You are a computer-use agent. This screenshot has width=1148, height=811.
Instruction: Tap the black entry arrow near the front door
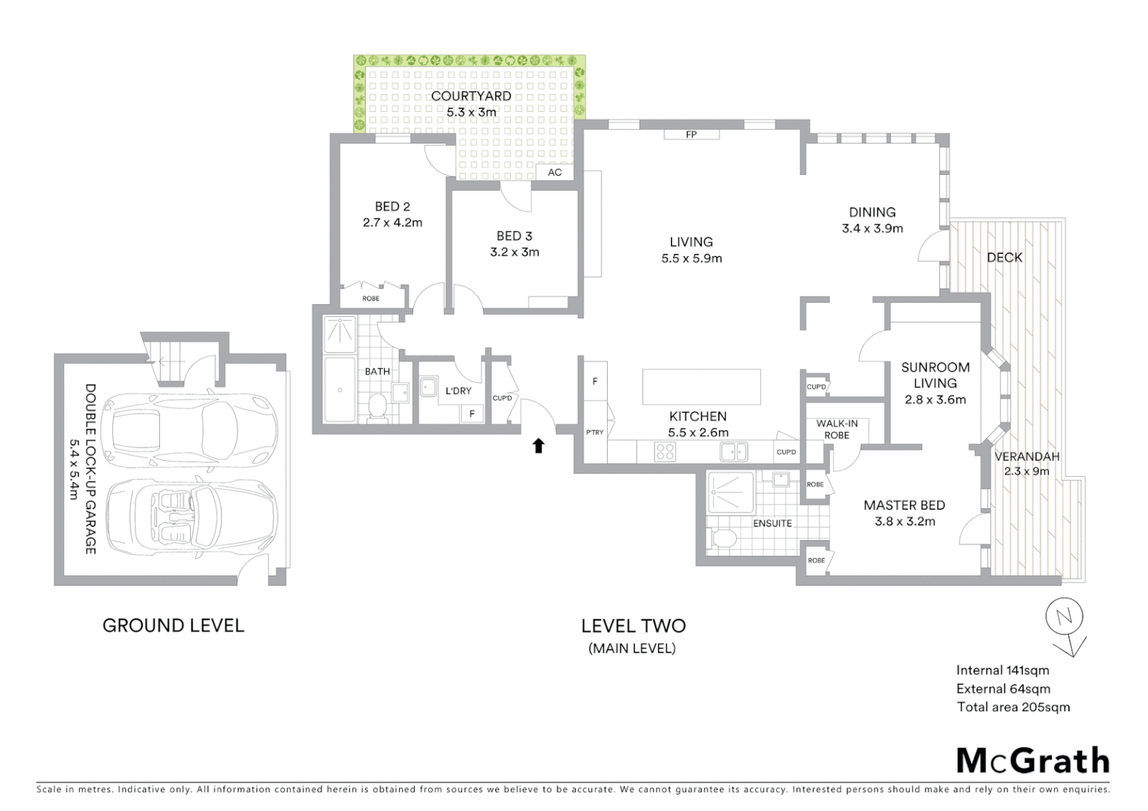coord(538,446)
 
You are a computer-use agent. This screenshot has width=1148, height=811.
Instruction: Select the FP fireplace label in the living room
coord(691,134)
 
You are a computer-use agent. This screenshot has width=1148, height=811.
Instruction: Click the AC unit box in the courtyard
coord(554,172)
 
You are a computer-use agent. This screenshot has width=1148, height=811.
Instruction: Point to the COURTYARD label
coord(471,96)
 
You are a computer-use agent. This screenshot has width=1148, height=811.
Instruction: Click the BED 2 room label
coord(392,207)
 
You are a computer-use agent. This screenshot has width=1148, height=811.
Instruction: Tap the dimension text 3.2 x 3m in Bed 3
coord(515,252)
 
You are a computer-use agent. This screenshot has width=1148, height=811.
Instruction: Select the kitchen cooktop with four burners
coord(665,451)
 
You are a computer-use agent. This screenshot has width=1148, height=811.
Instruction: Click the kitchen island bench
coord(702,387)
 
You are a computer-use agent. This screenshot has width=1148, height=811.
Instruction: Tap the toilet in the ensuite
coord(723,538)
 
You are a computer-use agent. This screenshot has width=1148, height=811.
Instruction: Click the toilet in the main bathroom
coord(377,406)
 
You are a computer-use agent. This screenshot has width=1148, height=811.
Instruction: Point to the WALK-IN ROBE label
coord(837,430)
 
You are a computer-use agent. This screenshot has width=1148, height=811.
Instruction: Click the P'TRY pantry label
coord(594,433)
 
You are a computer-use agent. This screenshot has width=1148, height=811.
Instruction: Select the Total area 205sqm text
coord(1013,707)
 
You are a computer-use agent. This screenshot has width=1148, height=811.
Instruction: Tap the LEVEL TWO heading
coord(633,626)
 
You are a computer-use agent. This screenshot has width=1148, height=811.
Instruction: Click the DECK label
coord(1005,258)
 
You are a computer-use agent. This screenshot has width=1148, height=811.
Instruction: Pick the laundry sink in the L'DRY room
coord(429,387)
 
